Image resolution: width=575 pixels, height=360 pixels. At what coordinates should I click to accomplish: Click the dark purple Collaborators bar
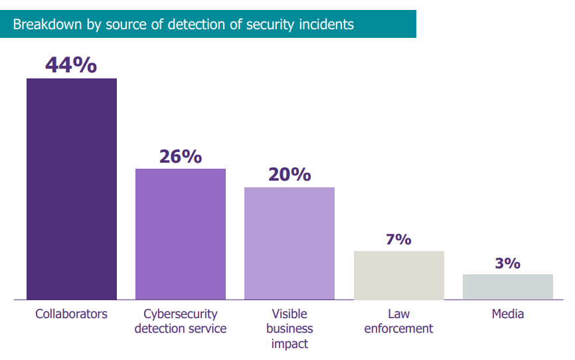pos(72,189)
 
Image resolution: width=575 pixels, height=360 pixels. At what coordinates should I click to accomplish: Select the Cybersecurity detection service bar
pos(181,234)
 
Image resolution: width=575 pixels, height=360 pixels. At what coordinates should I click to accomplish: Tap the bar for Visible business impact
pos(289,244)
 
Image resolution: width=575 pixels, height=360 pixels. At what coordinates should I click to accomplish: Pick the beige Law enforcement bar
pos(399,275)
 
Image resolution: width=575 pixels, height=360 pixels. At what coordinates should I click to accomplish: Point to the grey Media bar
pos(508,287)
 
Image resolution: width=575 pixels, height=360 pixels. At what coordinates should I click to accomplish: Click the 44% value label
pos(71,65)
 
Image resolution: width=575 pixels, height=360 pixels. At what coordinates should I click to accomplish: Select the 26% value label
pos(181,156)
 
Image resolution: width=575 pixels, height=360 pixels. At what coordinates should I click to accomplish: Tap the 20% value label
pos(289,174)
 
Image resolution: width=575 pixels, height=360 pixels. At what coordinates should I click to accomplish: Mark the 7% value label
pos(398,239)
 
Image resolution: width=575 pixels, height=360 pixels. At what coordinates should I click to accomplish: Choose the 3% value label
pos(507,263)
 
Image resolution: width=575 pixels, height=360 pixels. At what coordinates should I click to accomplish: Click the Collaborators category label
pos(72,314)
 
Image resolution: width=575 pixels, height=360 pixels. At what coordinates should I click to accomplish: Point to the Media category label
pos(508,314)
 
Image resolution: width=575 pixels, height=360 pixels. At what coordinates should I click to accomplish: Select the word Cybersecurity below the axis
pos(181,314)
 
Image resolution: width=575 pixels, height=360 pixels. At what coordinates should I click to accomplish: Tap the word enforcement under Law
pos(398,328)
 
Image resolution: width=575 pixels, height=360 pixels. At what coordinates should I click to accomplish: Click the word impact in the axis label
pos(289,344)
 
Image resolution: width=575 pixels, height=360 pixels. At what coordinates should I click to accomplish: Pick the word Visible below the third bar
pos(289,314)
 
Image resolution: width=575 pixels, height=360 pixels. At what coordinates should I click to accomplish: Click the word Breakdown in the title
pos(48,24)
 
